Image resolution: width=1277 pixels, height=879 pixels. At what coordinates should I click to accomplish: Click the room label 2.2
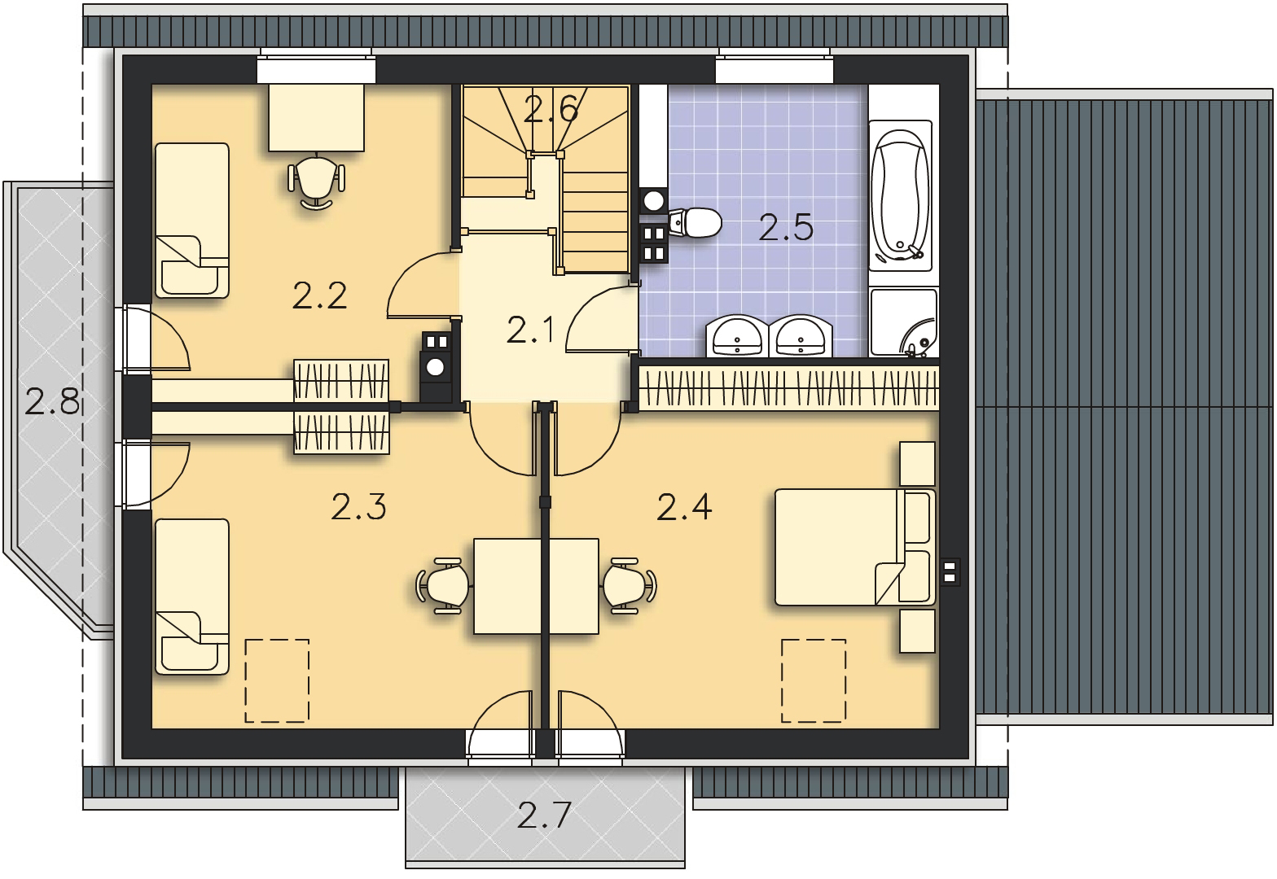tap(319, 295)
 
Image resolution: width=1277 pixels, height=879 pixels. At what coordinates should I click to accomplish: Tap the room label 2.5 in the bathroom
tap(786, 227)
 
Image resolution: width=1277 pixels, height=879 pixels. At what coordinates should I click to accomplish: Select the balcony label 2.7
tap(544, 816)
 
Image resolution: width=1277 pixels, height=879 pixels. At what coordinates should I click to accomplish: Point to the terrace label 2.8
tap(52, 400)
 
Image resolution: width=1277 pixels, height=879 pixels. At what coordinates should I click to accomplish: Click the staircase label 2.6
tap(551, 108)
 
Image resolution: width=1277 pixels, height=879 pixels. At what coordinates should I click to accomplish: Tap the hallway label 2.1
tap(530, 330)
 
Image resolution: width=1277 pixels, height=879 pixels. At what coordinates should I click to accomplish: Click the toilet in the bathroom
tap(695, 222)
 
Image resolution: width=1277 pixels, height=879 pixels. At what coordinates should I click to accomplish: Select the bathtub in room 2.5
tap(900, 195)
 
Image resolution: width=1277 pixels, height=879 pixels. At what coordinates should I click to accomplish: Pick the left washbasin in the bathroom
tap(737, 336)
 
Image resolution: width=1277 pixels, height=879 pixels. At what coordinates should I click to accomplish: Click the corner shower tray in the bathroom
tap(904, 323)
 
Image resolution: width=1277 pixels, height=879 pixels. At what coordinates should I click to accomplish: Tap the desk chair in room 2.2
tap(316, 181)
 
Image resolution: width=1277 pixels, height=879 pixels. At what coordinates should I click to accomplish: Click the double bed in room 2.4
tap(854, 547)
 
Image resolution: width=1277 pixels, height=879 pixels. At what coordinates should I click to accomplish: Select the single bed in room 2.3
tap(192, 597)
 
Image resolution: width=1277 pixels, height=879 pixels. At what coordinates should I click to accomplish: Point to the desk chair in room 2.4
tap(630, 586)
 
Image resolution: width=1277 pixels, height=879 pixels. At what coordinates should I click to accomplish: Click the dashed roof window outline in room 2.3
tap(277, 680)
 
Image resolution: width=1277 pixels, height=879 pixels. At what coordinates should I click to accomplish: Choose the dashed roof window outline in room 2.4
tap(813, 680)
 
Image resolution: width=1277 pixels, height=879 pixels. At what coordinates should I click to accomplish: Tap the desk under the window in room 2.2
tap(316, 118)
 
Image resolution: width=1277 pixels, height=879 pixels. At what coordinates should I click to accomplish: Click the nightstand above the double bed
tap(917, 464)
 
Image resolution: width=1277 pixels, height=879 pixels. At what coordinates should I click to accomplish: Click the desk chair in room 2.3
tap(444, 586)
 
